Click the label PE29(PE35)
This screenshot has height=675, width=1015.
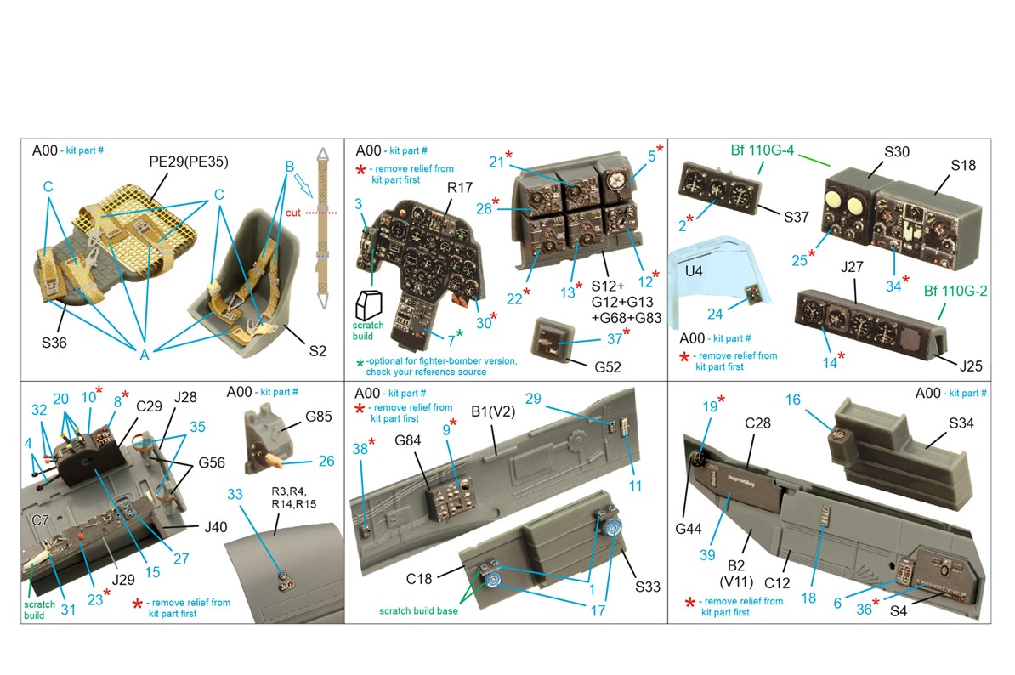click(189, 162)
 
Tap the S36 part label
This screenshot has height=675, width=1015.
click(54, 343)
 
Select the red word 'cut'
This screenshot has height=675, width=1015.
click(293, 213)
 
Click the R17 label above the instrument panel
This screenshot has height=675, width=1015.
click(460, 188)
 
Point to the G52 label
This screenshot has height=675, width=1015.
click(608, 367)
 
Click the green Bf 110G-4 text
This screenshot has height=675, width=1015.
click(762, 150)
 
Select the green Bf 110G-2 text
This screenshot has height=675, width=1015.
click(955, 292)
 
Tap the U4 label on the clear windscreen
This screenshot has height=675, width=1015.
click(694, 270)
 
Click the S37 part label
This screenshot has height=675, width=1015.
click(797, 218)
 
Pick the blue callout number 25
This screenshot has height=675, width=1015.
click(799, 260)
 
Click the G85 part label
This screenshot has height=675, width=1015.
click(319, 417)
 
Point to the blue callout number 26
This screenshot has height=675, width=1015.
click(326, 461)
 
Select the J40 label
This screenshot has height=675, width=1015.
click(216, 527)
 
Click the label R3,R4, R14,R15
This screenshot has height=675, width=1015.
click(294, 497)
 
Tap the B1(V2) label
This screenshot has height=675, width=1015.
click(492, 411)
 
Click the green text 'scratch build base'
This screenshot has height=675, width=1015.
click(418, 611)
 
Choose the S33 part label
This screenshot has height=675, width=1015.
click(647, 587)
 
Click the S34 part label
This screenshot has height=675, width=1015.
click(961, 423)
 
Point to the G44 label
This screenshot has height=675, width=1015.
click(688, 529)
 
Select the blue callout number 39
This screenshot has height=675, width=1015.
click(707, 555)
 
